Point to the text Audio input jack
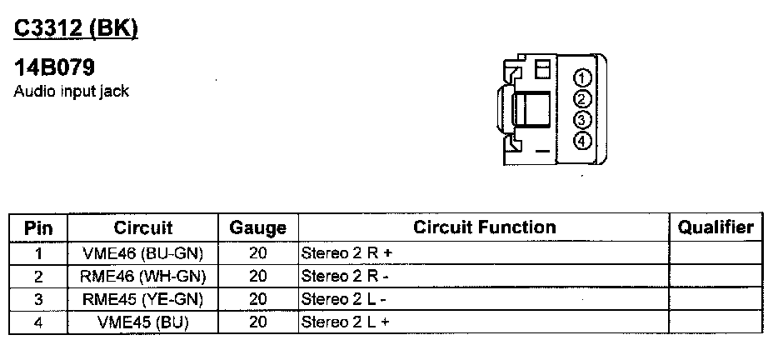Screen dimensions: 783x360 pyautogui.click(x=72, y=91)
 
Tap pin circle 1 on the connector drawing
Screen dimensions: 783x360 pyautogui.click(x=582, y=78)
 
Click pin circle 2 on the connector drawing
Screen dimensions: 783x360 pyautogui.click(x=582, y=99)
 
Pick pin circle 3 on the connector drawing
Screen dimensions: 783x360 pyautogui.click(x=582, y=119)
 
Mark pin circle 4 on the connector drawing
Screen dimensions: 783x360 pyautogui.click(x=582, y=140)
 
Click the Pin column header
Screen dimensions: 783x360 pyautogui.click(x=39, y=227)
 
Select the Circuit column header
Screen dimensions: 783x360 pyautogui.click(x=143, y=227)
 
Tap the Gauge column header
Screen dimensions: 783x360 pyautogui.click(x=257, y=227)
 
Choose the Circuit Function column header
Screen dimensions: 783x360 pyautogui.click(x=484, y=227)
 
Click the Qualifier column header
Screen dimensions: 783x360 pyautogui.click(x=716, y=227)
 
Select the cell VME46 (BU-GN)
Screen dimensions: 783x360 pyautogui.click(x=143, y=252)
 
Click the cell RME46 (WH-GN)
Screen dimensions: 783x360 pyautogui.click(x=143, y=276)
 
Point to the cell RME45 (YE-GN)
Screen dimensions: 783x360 pyautogui.click(x=143, y=299)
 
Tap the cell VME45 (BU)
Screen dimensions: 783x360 pyautogui.click(x=143, y=322)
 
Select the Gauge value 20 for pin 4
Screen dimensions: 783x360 pyautogui.click(x=257, y=322)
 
